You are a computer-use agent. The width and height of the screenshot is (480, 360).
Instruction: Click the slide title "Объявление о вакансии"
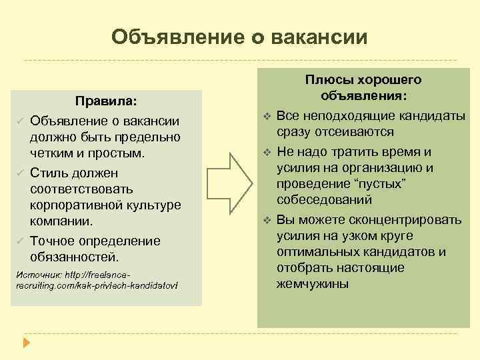tap(239, 37)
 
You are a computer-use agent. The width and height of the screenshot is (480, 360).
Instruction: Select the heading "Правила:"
tap(106, 101)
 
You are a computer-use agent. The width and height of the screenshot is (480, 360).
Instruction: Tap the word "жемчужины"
tap(311, 283)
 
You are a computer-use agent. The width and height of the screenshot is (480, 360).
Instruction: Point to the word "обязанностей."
tap(74, 256)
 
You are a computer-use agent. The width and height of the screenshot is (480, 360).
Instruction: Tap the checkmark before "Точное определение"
tap(21, 240)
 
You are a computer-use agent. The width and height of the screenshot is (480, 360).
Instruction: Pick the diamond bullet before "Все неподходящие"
tap(267, 117)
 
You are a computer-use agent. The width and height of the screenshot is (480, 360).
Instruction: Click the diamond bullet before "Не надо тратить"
tap(267, 152)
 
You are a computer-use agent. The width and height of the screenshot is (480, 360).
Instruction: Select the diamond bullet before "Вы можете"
tap(267, 220)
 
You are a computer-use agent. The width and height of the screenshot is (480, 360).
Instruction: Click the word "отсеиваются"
tap(356, 132)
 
